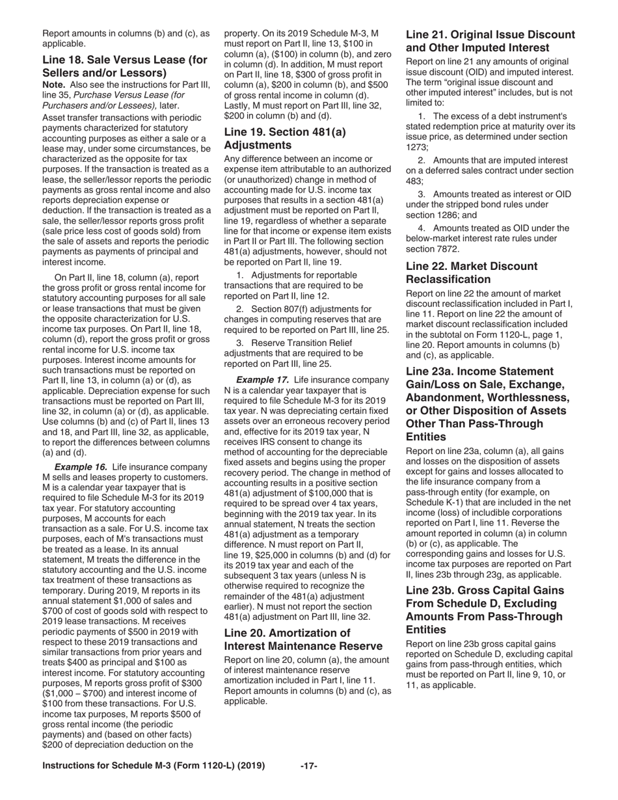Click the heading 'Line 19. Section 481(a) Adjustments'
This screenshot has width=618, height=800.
coord(285,138)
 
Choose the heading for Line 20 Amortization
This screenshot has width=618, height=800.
coord(302,639)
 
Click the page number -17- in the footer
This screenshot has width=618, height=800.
coord(308,766)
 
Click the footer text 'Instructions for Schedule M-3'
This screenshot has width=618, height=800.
coord(153,766)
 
